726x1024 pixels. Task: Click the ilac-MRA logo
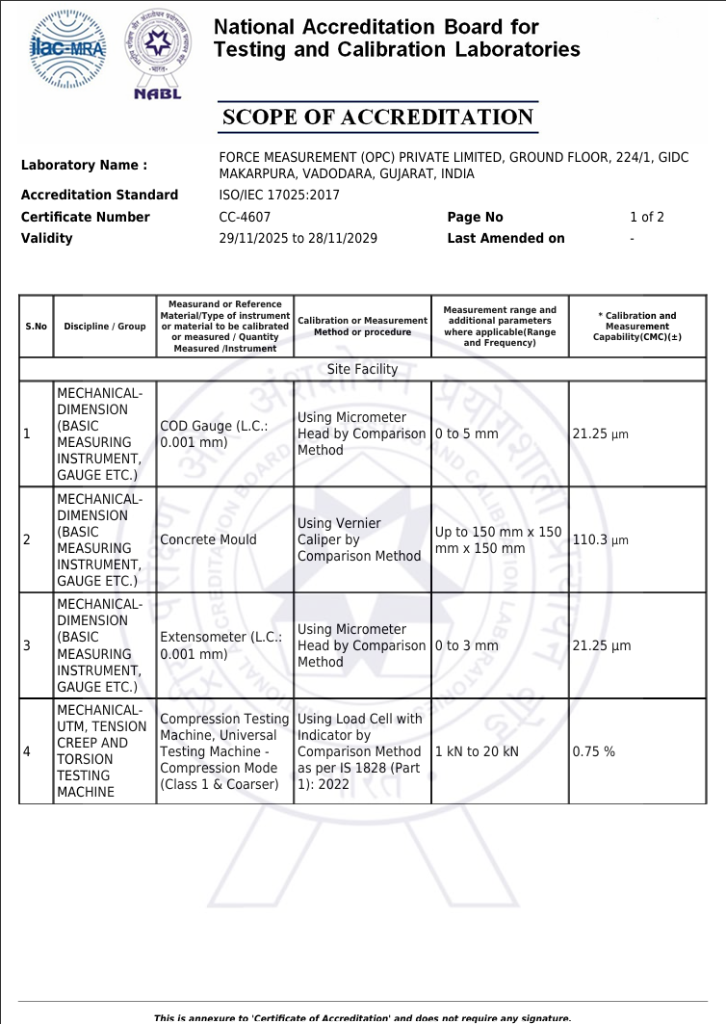point(67,49)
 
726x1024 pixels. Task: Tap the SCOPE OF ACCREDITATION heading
point(377,118)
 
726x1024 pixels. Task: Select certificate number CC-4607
point(245,217)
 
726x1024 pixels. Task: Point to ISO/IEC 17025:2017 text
point(279,195)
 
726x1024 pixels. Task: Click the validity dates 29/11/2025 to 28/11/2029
point(298,238)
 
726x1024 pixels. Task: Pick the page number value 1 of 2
point(647,217)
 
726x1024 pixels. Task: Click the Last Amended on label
point(506,238)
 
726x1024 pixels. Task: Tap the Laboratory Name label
point(85,166)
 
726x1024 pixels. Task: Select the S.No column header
point(36,327)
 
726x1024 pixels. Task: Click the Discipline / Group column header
point(105,327)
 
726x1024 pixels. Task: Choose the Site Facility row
point(362,369)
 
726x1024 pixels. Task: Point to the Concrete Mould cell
point(208,539)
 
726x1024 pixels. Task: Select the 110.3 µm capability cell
point(600,539)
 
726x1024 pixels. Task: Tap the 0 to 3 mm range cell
point(467,645)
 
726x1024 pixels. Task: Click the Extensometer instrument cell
point(220,645)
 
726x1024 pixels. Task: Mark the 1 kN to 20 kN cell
point(477,751)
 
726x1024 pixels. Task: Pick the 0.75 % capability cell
point(593,751)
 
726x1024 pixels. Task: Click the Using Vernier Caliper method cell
point(359,539)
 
